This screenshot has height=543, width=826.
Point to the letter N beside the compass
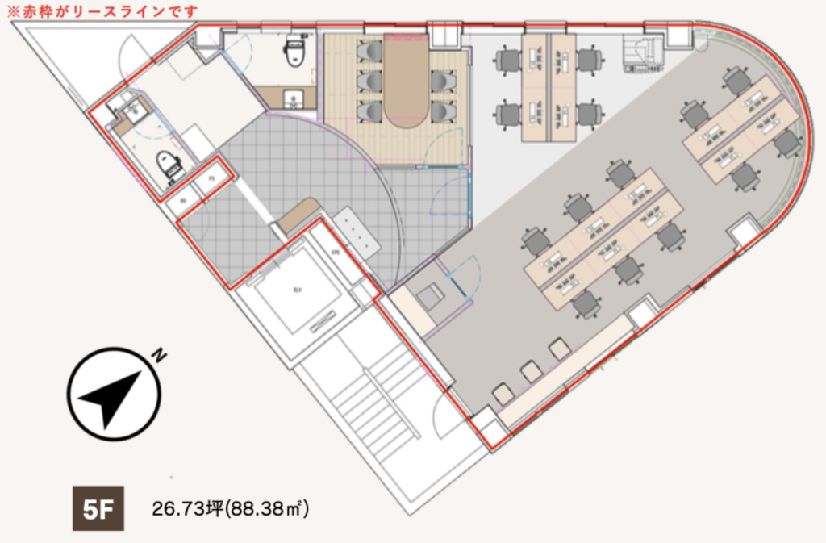click(161, 354)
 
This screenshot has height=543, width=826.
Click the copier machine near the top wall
click(644, 53)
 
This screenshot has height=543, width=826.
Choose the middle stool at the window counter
click(530, 371)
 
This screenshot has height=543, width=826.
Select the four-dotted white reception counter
click(354, 232)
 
